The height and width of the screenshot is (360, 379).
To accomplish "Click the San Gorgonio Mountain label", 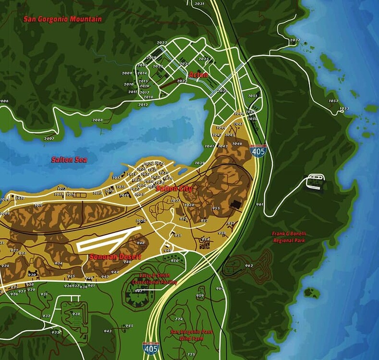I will click(x=63, y=19).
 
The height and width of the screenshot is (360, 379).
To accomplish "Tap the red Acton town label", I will click(x=198, y=75).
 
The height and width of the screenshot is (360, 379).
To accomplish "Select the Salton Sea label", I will click(x=69, y=159).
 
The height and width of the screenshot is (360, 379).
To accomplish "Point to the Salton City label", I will click(x=174, y=189).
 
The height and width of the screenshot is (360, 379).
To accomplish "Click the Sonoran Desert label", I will click(x=115, y=257).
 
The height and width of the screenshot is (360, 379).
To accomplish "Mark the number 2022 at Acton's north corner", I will click(x=162, y=43).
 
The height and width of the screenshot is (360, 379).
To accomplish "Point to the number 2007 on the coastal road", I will click(x=49, y=138).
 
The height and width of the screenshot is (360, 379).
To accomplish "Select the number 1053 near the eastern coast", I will click(x=344, y=108).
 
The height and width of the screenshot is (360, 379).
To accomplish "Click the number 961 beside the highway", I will click(x=260, y=204).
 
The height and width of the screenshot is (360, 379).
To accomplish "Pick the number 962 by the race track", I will click(x=249, y=265).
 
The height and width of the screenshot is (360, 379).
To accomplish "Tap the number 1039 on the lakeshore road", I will click(x=199, y=163).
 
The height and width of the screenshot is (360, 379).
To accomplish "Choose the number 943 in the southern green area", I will click(x=108, y=331).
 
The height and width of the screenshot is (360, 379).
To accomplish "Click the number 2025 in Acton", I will click(x=204, y=59).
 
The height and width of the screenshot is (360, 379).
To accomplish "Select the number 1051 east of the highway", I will click(x=253, y=96).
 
